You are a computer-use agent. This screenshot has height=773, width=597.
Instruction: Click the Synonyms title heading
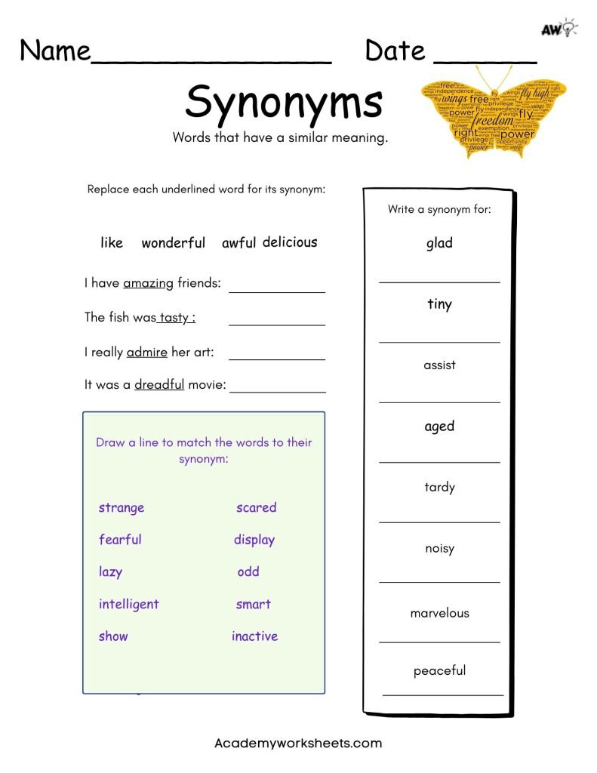pos(283,102)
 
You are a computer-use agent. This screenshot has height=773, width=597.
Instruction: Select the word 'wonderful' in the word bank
pos(173,243)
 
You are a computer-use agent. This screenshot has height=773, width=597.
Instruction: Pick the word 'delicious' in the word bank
pos(290,242)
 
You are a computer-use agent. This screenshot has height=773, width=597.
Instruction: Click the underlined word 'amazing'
pos(149,283)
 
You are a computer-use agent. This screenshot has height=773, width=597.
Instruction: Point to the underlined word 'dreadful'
pos(159,384)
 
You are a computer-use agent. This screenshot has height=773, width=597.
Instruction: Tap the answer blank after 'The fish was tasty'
pos(276,324)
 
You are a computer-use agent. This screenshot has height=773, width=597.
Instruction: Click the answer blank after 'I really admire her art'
pos(276,359)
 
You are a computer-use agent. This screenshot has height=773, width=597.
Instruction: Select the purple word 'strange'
pos(121,507)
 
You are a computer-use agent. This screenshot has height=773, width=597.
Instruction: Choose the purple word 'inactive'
pos(254,636)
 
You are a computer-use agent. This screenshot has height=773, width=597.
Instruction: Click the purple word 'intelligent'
pos(128,604)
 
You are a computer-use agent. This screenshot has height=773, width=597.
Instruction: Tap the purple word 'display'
pos(254,540)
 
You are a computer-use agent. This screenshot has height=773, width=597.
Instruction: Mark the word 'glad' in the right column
pos(439,243)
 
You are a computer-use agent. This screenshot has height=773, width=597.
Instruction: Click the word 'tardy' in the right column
pos(439,487)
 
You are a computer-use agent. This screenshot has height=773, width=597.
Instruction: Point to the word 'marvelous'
pos(439,613)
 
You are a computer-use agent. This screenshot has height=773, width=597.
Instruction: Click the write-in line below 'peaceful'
pos(442,693)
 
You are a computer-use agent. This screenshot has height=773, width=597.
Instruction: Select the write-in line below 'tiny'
pos(439,341)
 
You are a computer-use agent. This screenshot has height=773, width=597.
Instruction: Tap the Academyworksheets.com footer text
pos(298,743)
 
